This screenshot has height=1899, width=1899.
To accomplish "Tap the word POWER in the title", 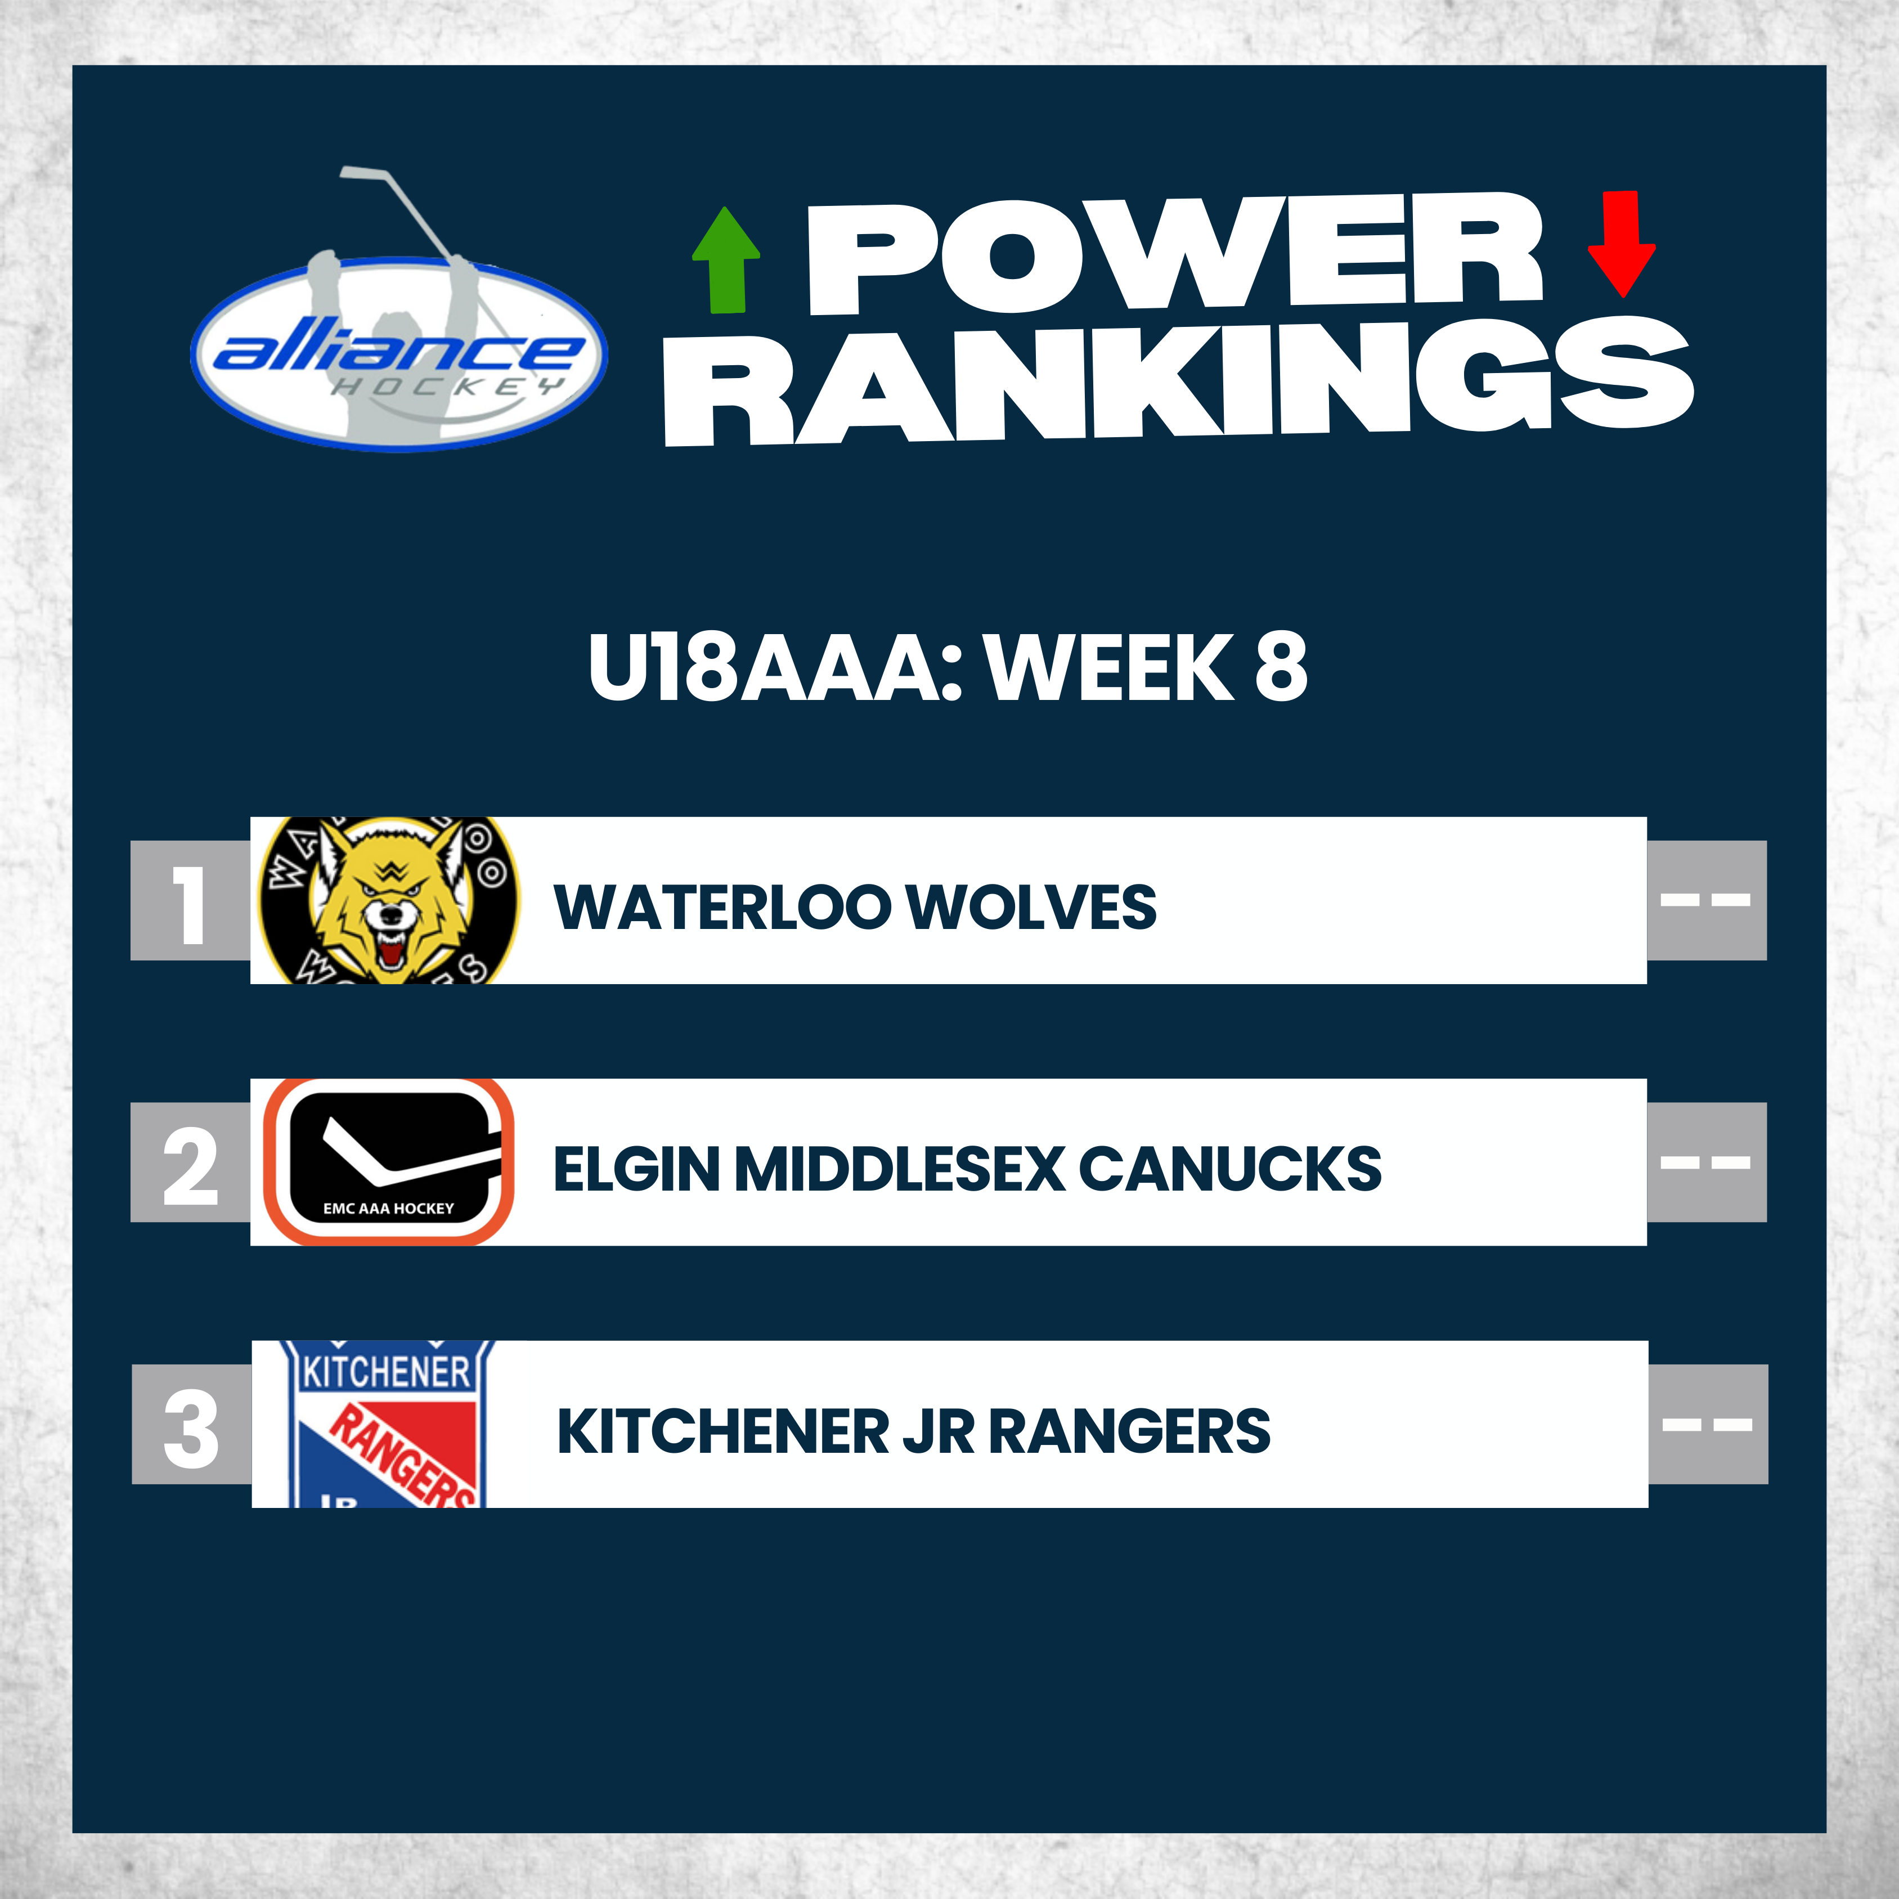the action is coord(1175,254).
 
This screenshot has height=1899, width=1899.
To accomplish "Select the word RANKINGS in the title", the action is coord(1178,381).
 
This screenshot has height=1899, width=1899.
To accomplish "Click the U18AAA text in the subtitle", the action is coord(767,667).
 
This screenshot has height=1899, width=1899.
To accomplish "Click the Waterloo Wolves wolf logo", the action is coord(388,900).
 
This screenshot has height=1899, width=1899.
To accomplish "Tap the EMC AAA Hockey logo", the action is coord(388,1162).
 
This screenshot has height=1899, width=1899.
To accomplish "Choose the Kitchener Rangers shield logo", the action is coord(388,1424).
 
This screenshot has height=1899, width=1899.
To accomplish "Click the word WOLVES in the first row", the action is coord(1032,907).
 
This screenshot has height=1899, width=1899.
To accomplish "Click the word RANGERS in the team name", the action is coord(1129,1431).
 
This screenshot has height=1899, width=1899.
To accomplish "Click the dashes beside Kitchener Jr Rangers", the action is coord(1707,1424).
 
